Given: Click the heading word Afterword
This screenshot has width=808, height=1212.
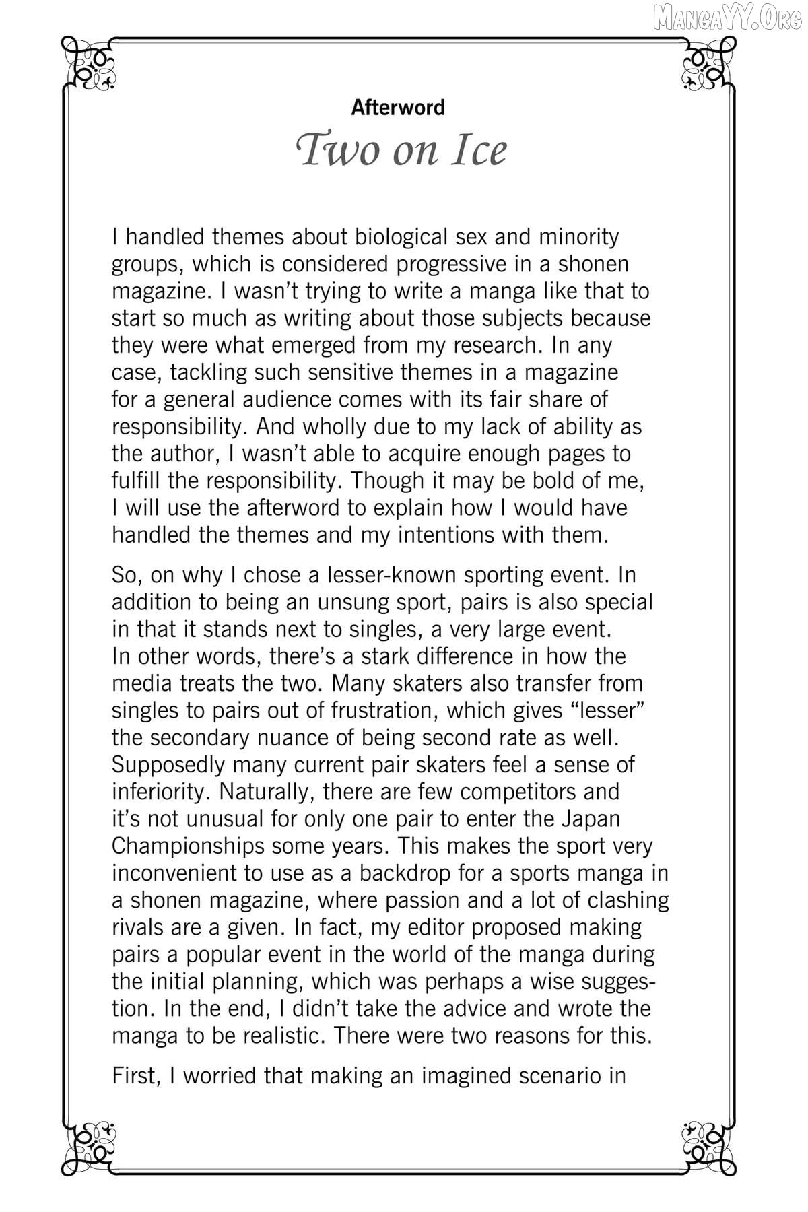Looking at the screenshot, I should (398, 108).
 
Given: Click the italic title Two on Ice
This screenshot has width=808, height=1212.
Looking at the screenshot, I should (402, 150).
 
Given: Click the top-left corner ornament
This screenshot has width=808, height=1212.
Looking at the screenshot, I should (90, 64).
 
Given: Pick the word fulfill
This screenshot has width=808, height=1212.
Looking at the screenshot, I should (135, 481).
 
